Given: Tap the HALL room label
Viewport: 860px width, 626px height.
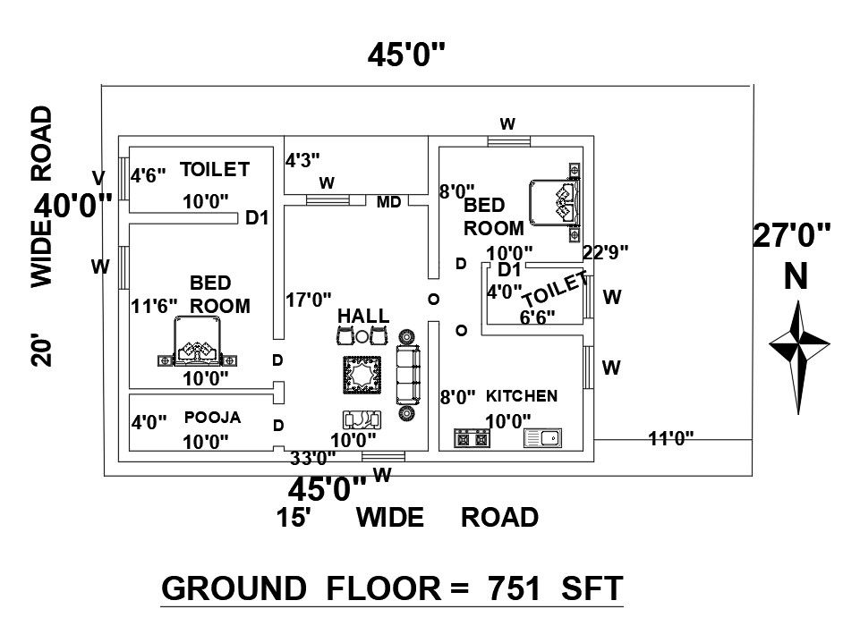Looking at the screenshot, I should [x=363, y=316].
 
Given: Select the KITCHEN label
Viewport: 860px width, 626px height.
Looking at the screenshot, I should [x=522, y=395].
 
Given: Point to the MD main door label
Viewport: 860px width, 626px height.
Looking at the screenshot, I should [x=388, y=202].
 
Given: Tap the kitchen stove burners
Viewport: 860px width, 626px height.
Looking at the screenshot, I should [x=472, y=438].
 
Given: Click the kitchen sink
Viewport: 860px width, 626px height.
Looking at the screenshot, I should [x=543, y=438].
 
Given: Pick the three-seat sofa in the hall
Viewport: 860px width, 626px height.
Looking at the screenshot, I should [x=407, y=376].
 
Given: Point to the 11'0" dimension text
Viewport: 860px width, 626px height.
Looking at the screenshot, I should [x=670, y=436].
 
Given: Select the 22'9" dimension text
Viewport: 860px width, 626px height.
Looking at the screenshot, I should [x=606, y=252].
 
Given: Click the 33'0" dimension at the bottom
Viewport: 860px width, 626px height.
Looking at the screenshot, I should [x=313, y=459].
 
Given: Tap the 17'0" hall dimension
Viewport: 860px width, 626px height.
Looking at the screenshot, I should [x=309, y=300].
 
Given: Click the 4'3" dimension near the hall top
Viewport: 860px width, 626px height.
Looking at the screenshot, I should [x=303, y=161].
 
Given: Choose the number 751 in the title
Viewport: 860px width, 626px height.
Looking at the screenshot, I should [x=513, y=588].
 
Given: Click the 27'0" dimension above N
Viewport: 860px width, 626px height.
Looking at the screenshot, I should [x=791, y=238].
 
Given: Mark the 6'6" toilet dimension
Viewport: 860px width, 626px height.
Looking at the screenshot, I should [x=537, y=317].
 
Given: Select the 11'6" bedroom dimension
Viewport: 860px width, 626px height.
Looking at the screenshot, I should [x=154, y=307].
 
